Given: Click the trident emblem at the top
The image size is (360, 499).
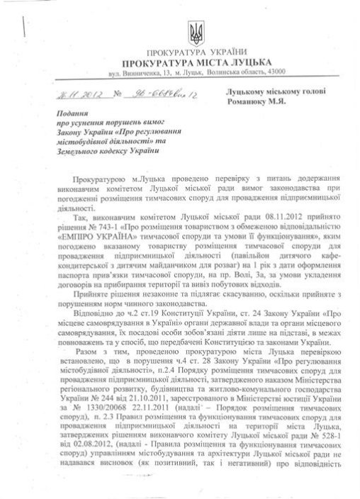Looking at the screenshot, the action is tap(198, 30).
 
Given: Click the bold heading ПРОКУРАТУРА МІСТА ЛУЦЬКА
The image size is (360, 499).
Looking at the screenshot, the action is tap(198, 62).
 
